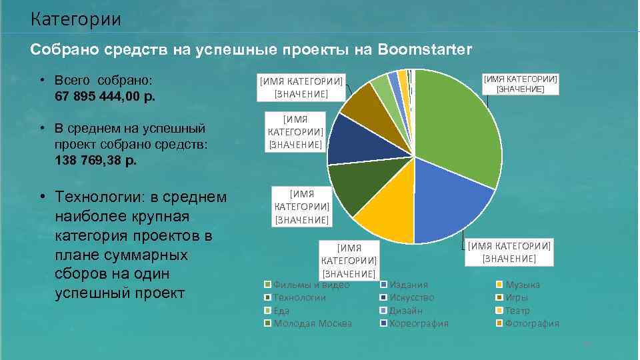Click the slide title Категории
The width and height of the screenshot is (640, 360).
(75, 19)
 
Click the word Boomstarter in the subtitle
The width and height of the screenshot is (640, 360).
(424, 49)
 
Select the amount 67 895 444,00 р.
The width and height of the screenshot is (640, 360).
(105, 96)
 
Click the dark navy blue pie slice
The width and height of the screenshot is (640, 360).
(351, 140)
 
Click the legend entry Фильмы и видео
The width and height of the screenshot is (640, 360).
(311, 285)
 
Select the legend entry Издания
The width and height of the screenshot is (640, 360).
(408, 285)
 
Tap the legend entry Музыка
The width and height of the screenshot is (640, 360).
(523, 285)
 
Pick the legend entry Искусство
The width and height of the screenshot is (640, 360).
(411, 297)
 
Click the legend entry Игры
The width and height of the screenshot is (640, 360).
(517, 297)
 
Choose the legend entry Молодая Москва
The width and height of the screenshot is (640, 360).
(312, 323)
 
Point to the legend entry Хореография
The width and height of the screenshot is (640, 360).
(419, 323)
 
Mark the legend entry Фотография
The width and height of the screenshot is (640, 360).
(532, 323)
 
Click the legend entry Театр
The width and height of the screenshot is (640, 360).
(518, 311)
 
